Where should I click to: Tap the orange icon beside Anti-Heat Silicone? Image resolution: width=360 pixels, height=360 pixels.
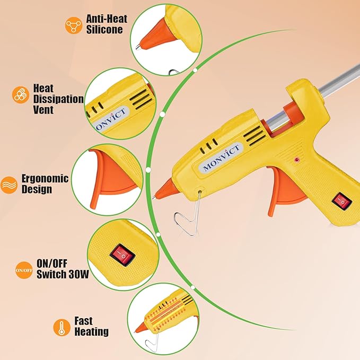pos(72,24)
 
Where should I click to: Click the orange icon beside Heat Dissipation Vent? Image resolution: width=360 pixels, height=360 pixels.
pos(20,95)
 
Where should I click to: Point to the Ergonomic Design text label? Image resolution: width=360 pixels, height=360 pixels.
pos(45,183)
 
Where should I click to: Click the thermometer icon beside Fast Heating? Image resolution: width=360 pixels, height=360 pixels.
pos(62,327)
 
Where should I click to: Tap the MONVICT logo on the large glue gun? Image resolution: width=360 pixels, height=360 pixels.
pos(222,157)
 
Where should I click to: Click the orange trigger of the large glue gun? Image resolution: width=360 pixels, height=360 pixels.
pos(287,186)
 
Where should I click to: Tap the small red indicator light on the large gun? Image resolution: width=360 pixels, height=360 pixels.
pos(297,159)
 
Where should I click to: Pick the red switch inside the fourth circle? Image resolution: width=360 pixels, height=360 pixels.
pos(123,257)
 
